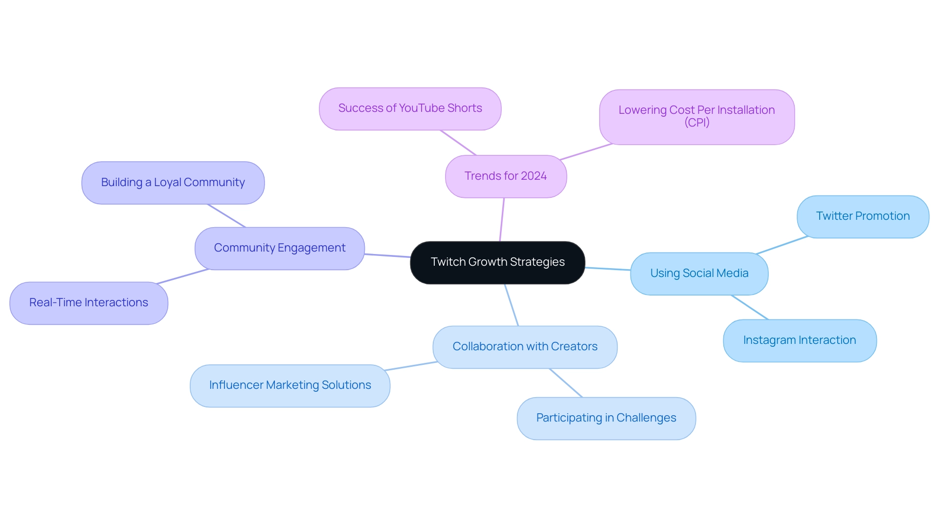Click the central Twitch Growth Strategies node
coord(497,262)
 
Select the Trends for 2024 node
coord(506,176)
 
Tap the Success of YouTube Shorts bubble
coord(410,108)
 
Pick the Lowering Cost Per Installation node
coord(696,110)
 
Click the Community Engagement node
coord(279,248)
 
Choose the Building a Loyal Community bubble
coord(173,183)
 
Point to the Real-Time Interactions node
coord(89,303)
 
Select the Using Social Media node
coord(699,274)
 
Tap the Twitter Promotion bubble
coord(863,216)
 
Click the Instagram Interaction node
coord(799,340)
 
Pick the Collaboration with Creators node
coord(525,347)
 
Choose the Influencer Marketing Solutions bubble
coord(290,385)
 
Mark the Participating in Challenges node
coord(606,418)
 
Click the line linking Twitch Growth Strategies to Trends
coord(502,220)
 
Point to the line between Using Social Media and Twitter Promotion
coord(782,245)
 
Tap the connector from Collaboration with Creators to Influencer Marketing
coord(411,366)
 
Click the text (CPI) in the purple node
coord(696,123)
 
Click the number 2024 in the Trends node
coord(534,176)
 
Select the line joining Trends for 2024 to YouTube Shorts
coord(458,143)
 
